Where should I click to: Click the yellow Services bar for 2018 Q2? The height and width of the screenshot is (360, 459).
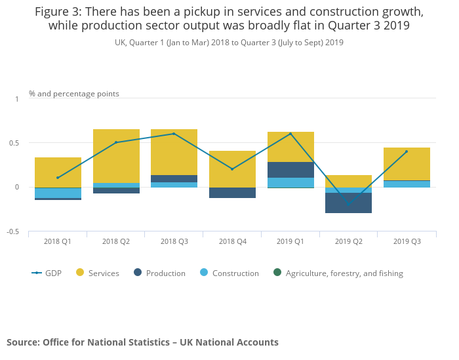coord(116,156)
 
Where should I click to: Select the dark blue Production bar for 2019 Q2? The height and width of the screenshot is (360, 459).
coord(349,203)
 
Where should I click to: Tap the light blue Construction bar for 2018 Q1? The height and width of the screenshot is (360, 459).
coord(58,193)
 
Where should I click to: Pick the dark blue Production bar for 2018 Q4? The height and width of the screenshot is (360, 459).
coord(232,193)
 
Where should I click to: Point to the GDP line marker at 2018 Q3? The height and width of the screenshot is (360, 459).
coord(174,134)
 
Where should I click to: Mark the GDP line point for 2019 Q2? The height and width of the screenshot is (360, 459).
coord(349,205)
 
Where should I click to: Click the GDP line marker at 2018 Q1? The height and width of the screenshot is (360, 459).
coord(58,178)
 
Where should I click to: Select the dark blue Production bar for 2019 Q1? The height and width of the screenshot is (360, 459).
coord(290,170)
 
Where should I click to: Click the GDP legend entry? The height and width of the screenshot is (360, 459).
coord(47,273)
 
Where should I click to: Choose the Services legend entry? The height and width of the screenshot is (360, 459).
coord(98,273)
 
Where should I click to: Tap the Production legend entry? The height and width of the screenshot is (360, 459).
coord(159,273)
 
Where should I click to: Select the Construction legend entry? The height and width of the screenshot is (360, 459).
coord(229,273)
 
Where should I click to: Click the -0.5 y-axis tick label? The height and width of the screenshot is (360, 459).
coord(15,232)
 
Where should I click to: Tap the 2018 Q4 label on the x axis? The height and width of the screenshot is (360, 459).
coord(232,241)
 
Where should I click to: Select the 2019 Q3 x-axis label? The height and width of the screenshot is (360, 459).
coord(407,241)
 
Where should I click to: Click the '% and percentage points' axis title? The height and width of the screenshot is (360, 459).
coord(74,94)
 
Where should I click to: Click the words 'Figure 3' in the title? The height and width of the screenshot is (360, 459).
coord(59,12)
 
